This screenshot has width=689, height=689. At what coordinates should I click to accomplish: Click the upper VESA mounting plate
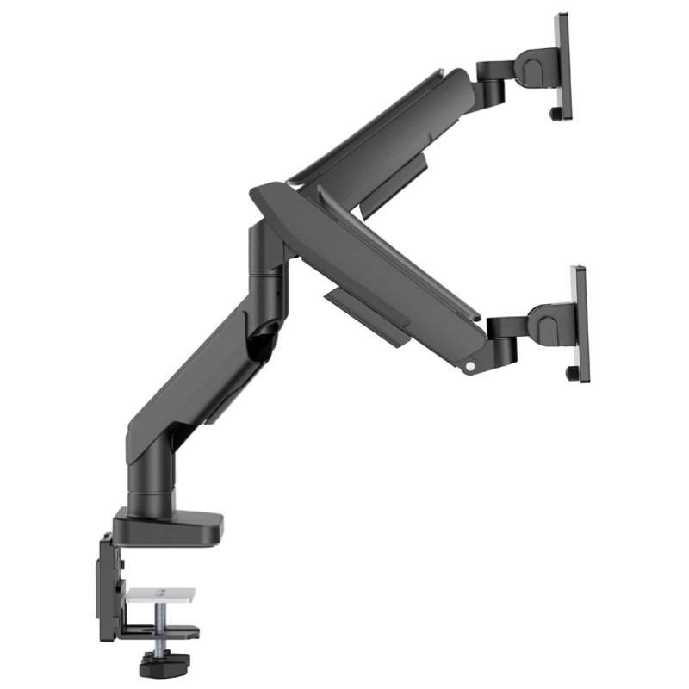[562, 65]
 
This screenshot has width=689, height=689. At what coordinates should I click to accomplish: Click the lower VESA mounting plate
[580, 323]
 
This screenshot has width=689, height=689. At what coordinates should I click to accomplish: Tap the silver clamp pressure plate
[160, 595]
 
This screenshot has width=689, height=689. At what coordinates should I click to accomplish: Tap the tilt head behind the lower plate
[547, 325]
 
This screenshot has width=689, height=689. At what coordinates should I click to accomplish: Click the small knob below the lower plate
[571, 373]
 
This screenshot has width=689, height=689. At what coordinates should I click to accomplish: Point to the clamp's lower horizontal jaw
[159, 635]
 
